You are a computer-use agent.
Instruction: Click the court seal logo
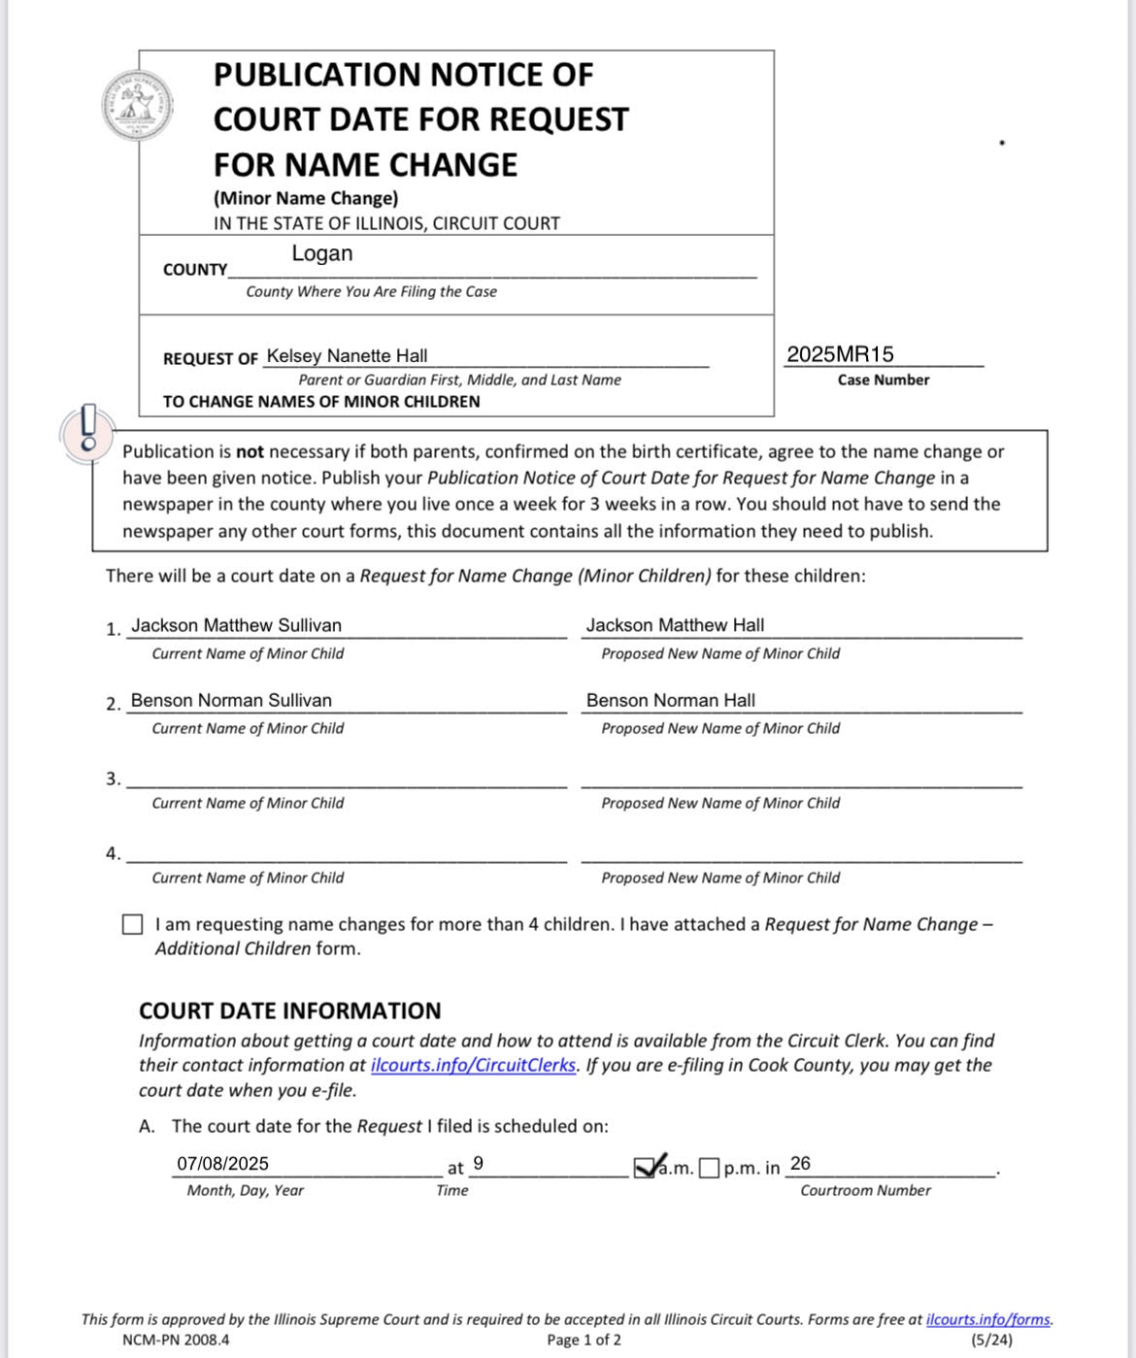[x=138, y=105]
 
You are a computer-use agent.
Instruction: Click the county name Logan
[x=321, y=253]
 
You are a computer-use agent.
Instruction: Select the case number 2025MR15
[x=840, y=354]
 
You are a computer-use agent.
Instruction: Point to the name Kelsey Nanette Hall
[x=347, y=356]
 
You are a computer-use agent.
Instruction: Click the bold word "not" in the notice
[x=250, y=451]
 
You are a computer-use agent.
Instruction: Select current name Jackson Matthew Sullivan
[x=236, y=625]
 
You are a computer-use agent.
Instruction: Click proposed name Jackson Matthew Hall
[x=675, y=625]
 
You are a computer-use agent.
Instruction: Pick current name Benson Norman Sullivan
[x=231, y=700]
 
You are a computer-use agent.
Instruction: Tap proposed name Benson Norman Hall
[x=670, y=700]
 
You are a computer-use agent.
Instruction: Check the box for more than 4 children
[x=133, y=925]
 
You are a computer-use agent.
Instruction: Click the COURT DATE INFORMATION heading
[x=289, y=1010]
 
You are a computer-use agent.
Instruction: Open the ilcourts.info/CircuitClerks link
[x=473, y=1065]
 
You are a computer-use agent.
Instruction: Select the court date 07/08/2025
[x=222, y=1164]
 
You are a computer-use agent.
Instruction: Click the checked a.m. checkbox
[x=646, y=1167]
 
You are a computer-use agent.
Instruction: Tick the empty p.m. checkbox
[x=710, y=1168]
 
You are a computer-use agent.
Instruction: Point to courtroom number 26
[x=800, y=1163]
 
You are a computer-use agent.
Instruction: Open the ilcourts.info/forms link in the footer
[x=987, y=1319]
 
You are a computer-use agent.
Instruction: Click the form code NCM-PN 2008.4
[x=176, y=1341]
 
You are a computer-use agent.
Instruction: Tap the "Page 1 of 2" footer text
[x=584, y=1341]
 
